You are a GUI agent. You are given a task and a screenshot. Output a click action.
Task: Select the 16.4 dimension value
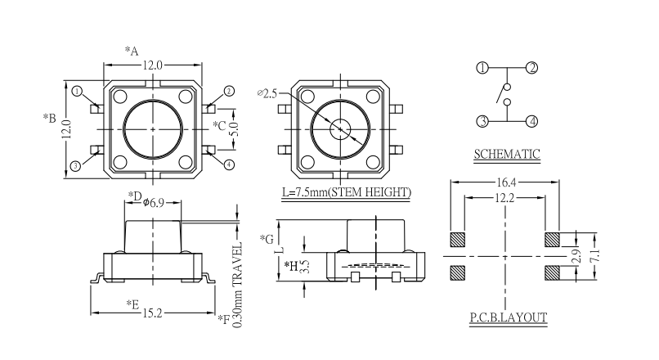pyautogui.click(x=505, y=182)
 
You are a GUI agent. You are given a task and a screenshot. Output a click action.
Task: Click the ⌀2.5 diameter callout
pyautogui.click(x=267, y=93)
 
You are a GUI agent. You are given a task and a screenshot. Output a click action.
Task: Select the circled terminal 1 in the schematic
pyautogui.click(x=482, y=68)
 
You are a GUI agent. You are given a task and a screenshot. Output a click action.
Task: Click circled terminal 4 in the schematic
pyautogui.click(x=531, y=121)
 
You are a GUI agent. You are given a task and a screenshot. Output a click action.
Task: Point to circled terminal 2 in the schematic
pyautogui.click(x=531, y=68)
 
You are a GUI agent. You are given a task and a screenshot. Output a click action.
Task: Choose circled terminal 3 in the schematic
pyautogui.click(x=482, y=121)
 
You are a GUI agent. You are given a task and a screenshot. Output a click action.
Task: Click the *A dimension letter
pyautogui.click(x=131, y=51)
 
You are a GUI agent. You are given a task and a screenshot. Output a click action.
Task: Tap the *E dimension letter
pyautogui.click(x=132, y=304)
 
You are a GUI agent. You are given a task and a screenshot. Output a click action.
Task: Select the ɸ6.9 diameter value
pyautogui.click(x=153, y=201)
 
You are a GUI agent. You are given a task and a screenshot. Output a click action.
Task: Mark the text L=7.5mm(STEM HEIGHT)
pyautogui.click(x=346, y=193)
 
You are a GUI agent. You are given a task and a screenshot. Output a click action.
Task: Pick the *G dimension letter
pyautogui.click(x=266, y=239)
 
